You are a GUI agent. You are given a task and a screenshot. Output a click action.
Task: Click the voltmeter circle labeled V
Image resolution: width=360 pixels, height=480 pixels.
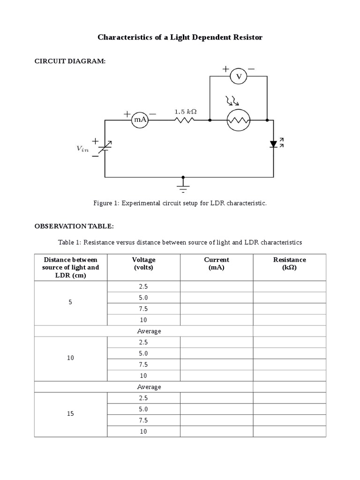click(238, 76)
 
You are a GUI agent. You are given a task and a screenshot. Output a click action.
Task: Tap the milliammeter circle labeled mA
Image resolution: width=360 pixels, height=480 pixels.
click(140, 120)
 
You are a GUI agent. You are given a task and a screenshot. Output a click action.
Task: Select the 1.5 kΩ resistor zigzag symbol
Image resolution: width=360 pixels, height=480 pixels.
click(185, 120)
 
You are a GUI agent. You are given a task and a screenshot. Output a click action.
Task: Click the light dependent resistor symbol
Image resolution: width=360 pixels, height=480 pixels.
click(239, 120)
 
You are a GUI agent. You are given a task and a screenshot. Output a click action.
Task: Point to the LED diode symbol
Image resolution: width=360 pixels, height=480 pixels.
click(274, 144)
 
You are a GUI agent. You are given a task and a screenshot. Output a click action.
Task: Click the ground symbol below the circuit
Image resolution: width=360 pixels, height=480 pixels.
click(183, 187)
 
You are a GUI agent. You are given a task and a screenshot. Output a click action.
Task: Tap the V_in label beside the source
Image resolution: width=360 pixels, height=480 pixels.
click(82, 149)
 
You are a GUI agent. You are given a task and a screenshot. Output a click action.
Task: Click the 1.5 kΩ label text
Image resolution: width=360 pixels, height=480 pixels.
click(185, 112)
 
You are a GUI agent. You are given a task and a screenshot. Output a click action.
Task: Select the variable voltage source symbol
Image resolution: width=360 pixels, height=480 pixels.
click(105, 148)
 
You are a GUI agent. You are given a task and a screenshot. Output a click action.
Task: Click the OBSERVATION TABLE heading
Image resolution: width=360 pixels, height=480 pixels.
click(74, 226)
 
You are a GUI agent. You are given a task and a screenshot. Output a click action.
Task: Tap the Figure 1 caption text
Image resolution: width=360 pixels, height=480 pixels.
click(180, 203)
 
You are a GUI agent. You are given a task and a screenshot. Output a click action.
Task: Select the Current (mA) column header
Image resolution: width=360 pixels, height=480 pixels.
click(217, 263)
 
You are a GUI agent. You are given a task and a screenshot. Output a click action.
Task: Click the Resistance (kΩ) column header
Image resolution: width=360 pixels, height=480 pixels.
click(289, 263)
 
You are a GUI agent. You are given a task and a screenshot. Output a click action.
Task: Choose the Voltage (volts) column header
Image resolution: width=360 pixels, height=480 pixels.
click(143, 263)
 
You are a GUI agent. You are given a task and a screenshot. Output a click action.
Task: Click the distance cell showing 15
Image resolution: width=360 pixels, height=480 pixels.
click(70, 414)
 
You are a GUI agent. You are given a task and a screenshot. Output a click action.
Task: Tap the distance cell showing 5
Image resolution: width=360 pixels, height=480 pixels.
click(70, 302)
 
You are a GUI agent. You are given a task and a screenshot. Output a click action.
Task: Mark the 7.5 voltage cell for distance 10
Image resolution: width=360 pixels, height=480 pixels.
click(143, 364)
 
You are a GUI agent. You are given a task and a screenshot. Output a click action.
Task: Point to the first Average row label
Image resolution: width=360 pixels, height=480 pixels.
click(149, 331)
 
